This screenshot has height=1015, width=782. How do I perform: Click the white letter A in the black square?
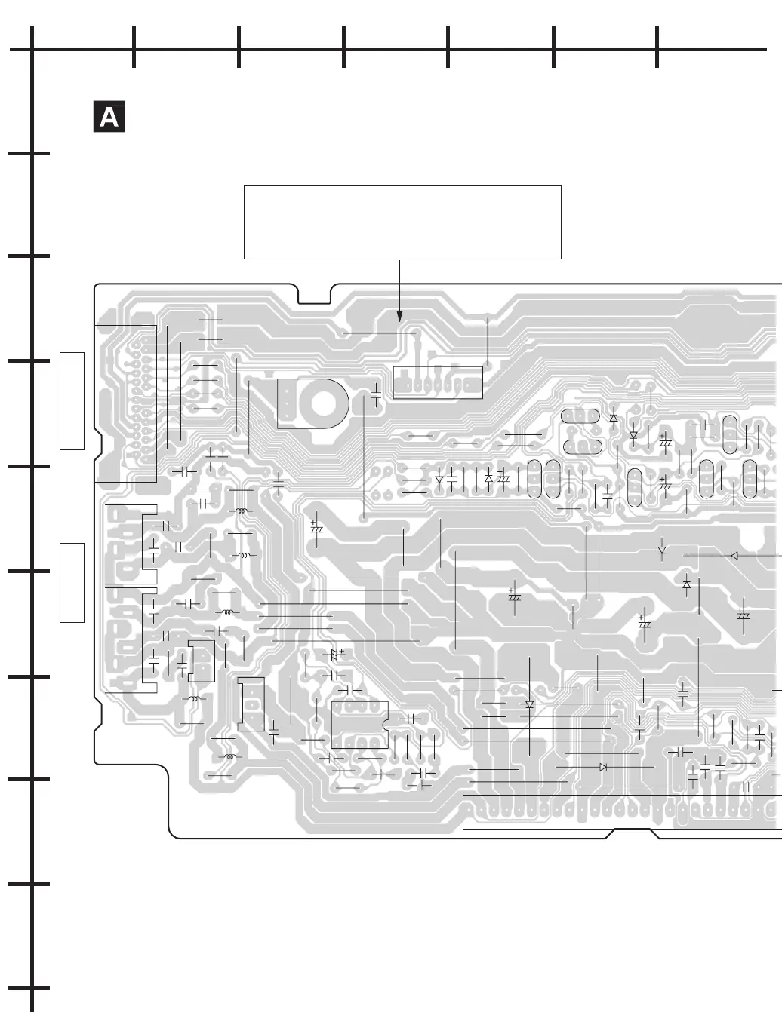pyautogui.click(x=109, y=118)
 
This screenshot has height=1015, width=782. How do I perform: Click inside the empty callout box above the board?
pyautogui.click(x=402, y=222)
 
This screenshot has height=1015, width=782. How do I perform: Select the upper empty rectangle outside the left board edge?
pyautogui.click(x=72, y=400)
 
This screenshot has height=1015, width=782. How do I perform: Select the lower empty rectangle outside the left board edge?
pyautogui.click(x=72, y=582)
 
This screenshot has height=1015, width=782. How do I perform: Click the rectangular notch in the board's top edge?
pyautogui.click(x=314, y=294)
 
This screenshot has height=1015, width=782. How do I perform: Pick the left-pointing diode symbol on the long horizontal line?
pyautogui.click(x=734, y=556)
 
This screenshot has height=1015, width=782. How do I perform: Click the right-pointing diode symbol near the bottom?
pyautogui.click(x=602, y=766)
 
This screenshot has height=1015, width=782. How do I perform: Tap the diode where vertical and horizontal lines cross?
pyautogui.click(x=529, y=705)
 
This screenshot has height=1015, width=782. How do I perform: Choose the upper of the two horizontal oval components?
pyautogui.click(x=580, y=416)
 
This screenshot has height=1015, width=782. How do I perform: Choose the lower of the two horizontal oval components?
pyautogui.click(x=580, y=446)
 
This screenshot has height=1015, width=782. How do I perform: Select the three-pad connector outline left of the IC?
pyautogui.click(x=251, y=704)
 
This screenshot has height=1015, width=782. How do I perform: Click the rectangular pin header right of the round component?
pyautogui.click(x=438, y=382)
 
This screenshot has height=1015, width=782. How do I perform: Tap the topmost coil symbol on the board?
pyautogui.click(x=242, y=511)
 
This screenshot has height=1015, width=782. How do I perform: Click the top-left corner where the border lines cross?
pyautogui.click(x=32, y=50)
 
